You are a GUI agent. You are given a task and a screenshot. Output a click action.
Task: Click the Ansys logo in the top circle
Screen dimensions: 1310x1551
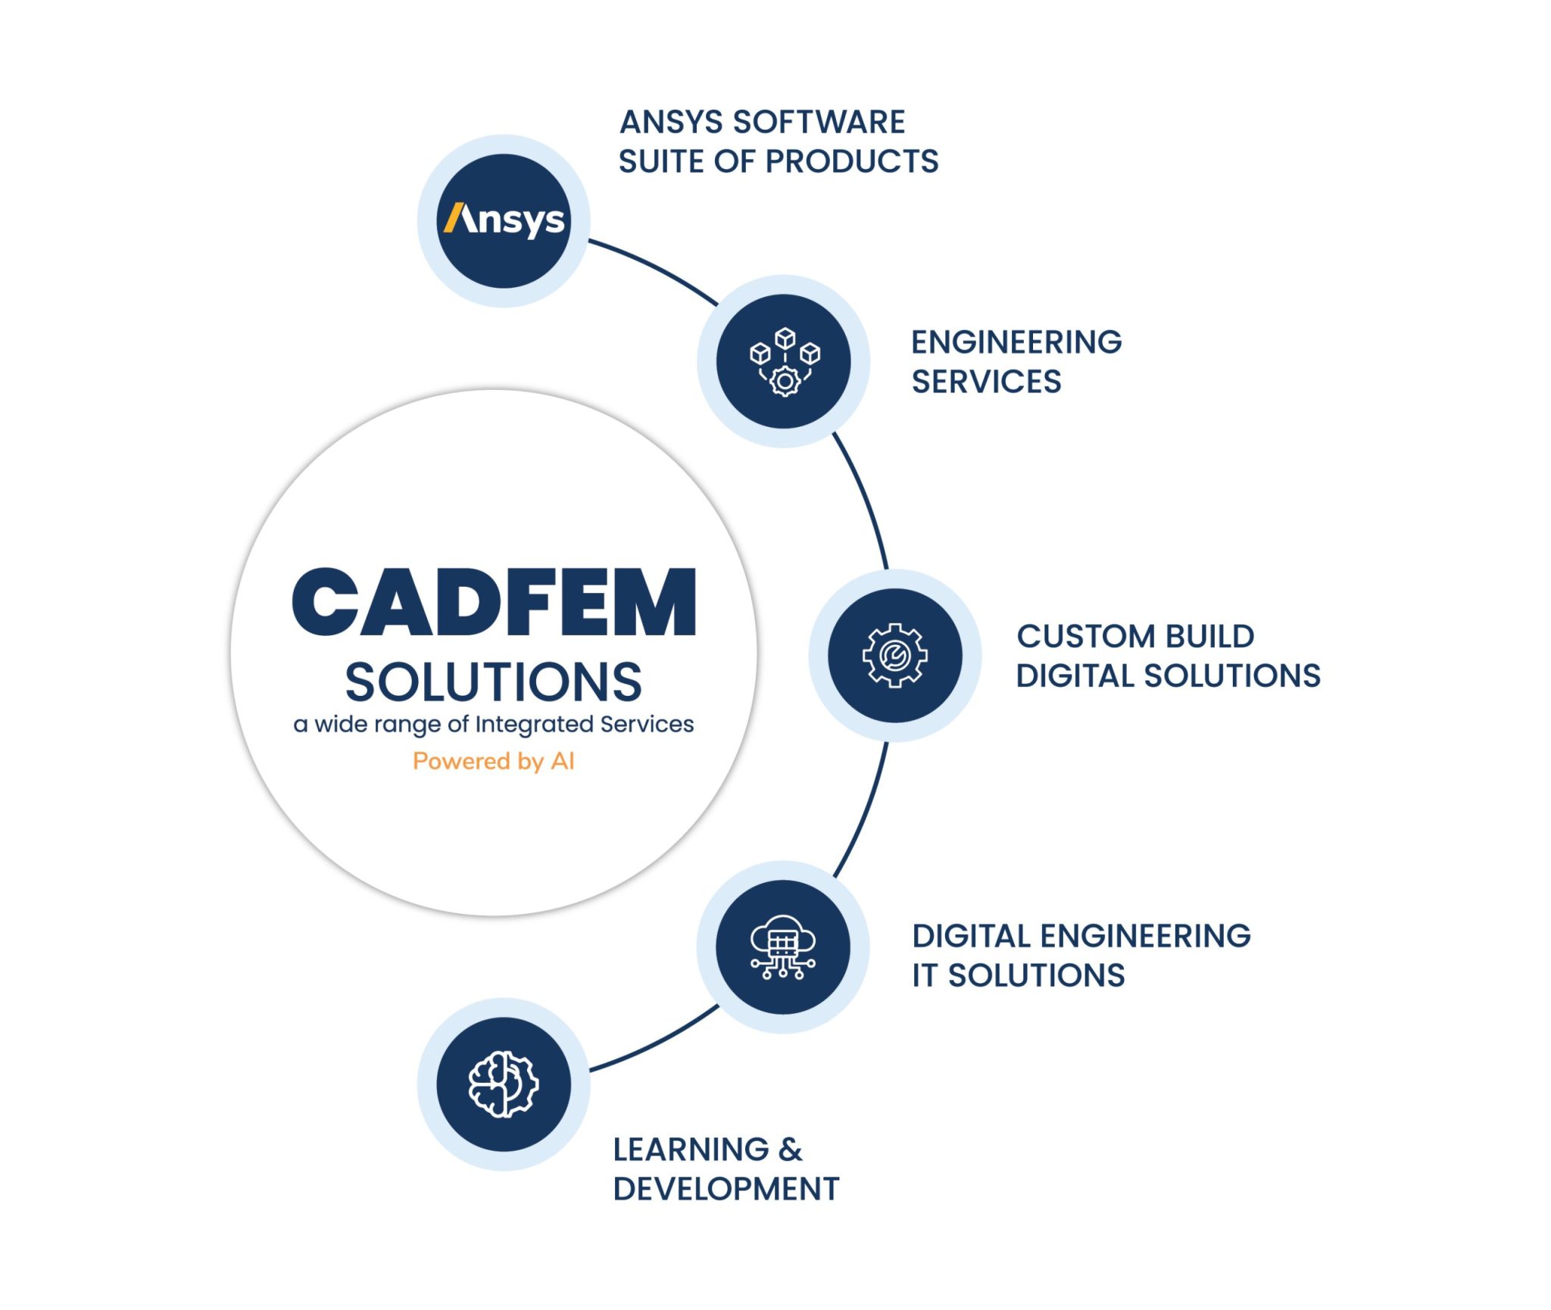point(504,220)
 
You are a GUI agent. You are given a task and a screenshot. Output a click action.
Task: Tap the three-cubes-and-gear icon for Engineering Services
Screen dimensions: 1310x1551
point(784,361)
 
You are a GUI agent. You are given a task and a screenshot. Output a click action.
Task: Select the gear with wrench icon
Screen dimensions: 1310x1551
point(894,655)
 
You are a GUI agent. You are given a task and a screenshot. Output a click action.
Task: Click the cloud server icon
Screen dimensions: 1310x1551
point(783,947)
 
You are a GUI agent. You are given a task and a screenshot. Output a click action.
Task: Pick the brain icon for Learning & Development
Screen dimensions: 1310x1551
point(504,1084)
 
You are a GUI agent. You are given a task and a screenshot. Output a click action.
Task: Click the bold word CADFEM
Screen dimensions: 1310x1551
point(494,603)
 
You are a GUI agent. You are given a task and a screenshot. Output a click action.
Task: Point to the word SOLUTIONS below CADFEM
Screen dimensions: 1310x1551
point(494,682)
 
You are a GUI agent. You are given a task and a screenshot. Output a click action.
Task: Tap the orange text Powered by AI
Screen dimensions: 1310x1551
point(494,761)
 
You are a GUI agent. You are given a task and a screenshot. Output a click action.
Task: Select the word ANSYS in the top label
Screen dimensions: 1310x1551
point(671,122)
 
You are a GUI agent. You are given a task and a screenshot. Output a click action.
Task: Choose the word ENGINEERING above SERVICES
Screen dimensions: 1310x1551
point(1016,342)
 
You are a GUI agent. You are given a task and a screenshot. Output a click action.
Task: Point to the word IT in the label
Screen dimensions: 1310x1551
point(925,975)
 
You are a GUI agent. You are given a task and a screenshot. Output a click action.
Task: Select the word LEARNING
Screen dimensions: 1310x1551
point(691,1149)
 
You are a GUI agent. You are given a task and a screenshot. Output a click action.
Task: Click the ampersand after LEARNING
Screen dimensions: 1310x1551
point(790,1149)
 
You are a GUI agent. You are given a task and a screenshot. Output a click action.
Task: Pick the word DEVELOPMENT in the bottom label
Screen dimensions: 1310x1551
point(726,1189)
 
